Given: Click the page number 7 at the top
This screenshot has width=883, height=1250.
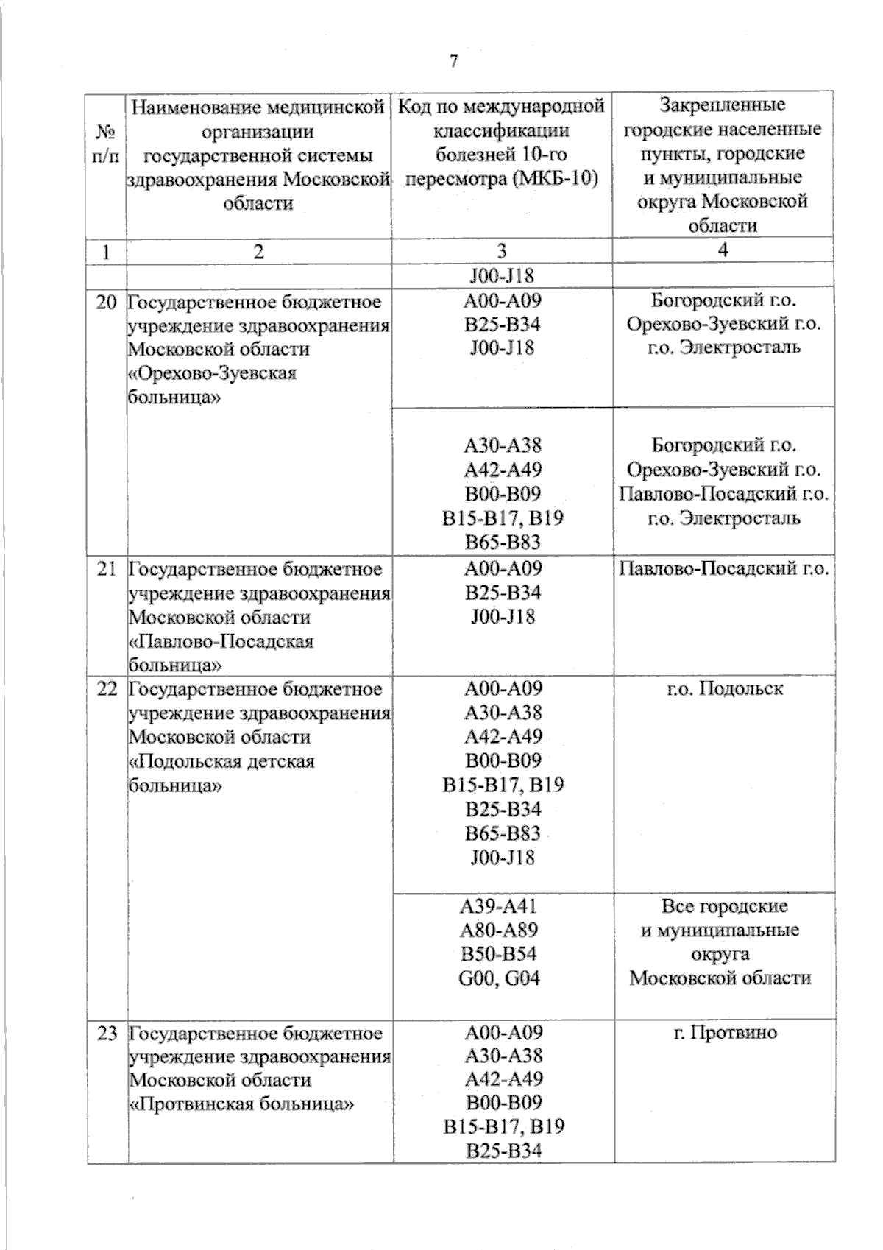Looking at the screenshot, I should (x=453, y=62).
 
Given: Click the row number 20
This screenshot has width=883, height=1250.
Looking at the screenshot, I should (x=107, y=302).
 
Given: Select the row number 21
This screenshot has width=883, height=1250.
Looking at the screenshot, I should (x=107, y=569).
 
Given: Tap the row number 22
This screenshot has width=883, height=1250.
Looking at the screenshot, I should (x=107, y=689).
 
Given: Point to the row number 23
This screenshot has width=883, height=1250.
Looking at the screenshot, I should (x=107, y=1033).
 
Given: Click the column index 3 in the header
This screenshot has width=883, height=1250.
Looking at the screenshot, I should (x=502, y=251).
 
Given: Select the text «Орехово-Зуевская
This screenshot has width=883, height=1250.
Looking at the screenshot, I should (x=213, y=373).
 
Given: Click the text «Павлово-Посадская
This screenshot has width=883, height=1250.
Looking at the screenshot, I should (x=221, y=641).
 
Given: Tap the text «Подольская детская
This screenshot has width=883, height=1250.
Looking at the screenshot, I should (x=221, y=761).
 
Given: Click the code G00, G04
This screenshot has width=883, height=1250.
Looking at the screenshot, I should (x=503, y=978).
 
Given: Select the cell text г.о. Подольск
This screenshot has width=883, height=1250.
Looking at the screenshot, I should (x=723, y=689).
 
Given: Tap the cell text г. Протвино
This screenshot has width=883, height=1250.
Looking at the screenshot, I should (x=723, y=1032).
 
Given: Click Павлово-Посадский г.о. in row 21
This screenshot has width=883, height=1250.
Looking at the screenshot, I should (x=723, y=569).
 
